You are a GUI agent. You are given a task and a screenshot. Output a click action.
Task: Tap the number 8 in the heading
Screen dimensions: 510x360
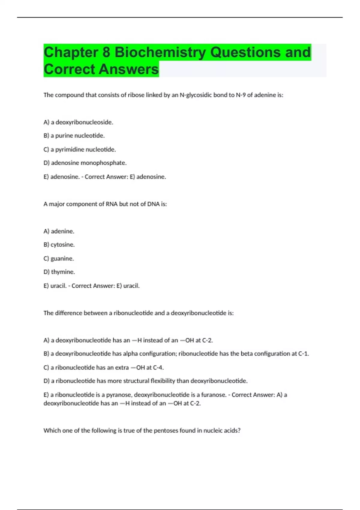pos(106,52)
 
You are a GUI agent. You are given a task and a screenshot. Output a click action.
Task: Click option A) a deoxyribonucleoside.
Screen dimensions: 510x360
pos(78,122)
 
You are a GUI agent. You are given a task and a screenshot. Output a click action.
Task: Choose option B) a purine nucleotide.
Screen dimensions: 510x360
pos(74,136)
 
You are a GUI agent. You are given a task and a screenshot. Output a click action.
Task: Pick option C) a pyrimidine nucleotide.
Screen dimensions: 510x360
pos(79,149)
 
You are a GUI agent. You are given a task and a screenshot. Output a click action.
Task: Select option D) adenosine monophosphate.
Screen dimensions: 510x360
pos(85,163)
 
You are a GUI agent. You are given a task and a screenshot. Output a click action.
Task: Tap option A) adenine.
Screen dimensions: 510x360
pos(59,231)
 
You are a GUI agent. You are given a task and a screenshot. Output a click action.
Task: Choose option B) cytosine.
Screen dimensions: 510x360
pos(59,245)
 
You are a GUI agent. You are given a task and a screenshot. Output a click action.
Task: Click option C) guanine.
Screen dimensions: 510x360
pos(58,259)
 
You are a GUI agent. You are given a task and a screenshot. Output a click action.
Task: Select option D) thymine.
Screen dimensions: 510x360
pos(59,272)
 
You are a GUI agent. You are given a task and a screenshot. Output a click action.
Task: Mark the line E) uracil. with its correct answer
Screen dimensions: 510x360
pos(91,286)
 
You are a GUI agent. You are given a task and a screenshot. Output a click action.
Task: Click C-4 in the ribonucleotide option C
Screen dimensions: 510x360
pos(158,367)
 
